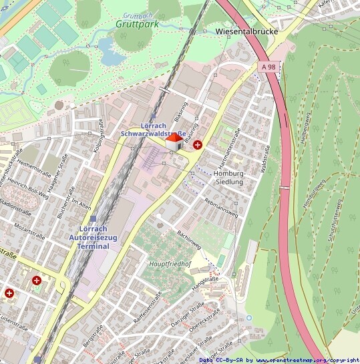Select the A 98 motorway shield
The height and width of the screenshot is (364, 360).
[x=269, y=67]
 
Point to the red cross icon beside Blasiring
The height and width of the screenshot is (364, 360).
[x=198, y=144]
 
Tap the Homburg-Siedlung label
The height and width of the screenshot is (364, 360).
[x=229, y=178]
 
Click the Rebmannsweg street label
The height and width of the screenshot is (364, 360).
[x=221, y=208]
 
